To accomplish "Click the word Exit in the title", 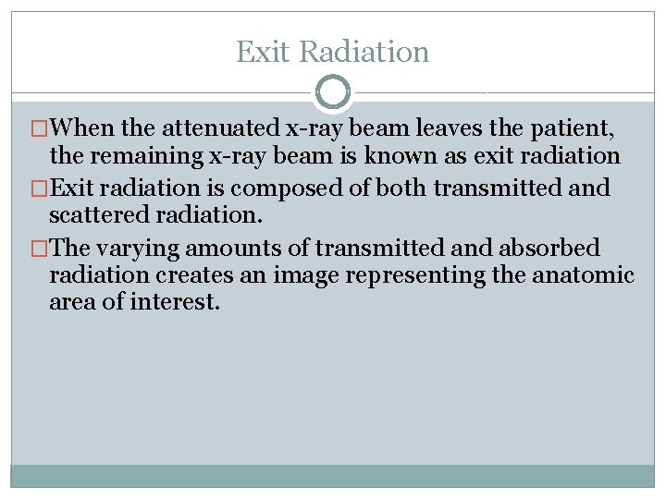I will pyautogui.click(x=261, y=52).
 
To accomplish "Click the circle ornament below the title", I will pyautogui.click(x=333, y=92).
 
